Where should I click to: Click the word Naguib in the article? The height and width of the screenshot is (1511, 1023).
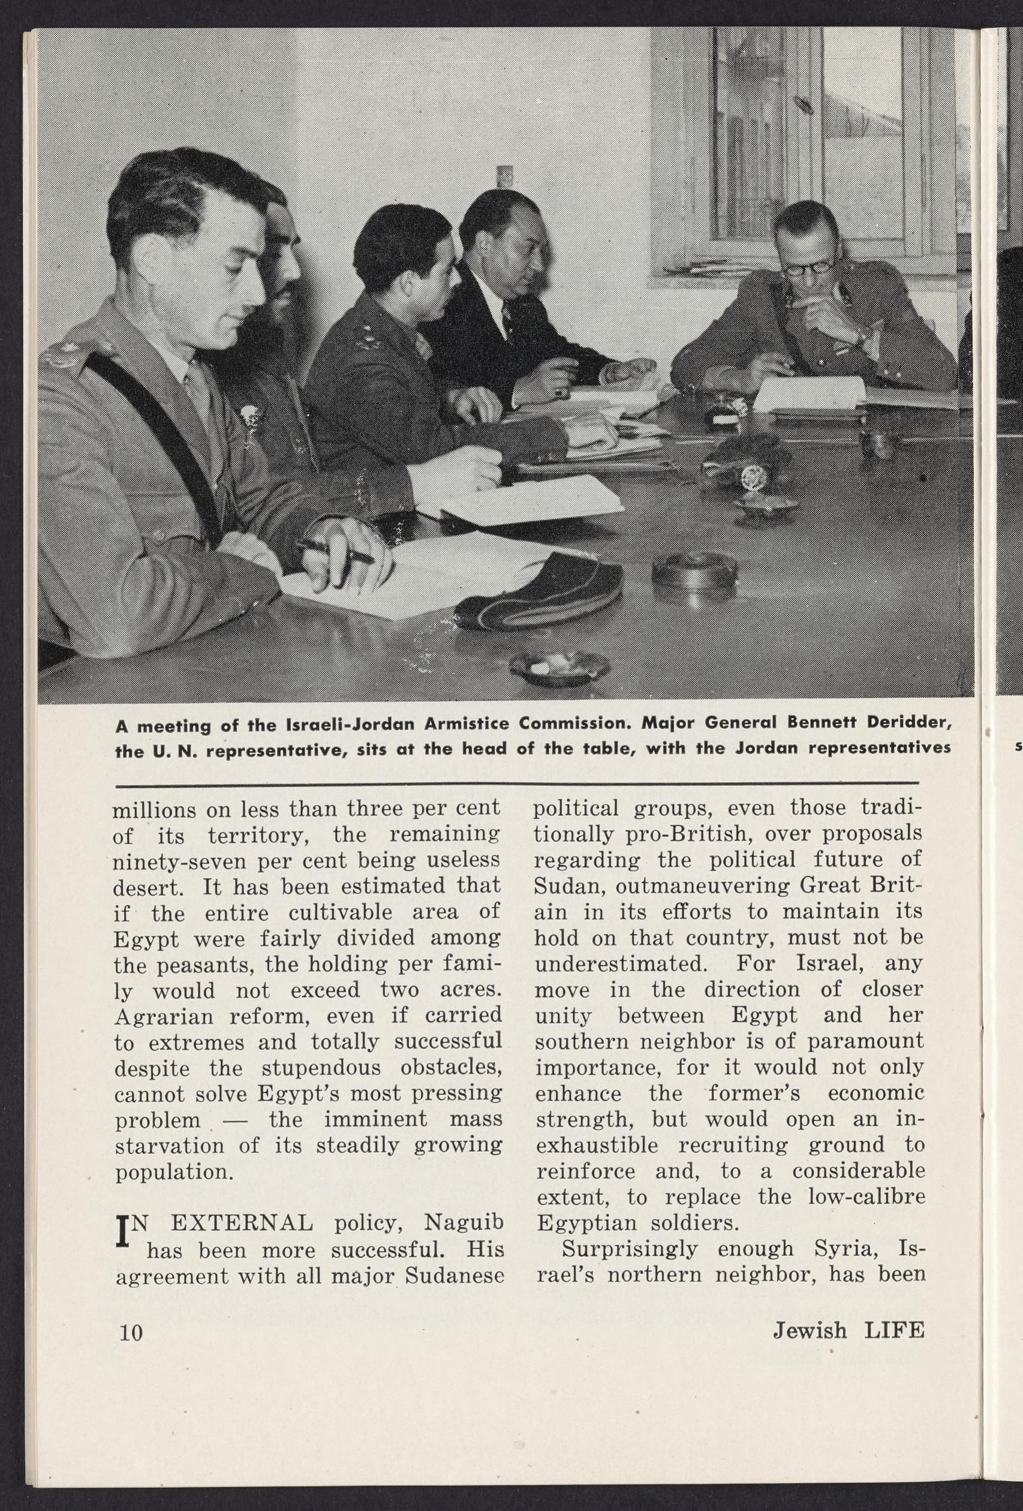point(464,1222)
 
